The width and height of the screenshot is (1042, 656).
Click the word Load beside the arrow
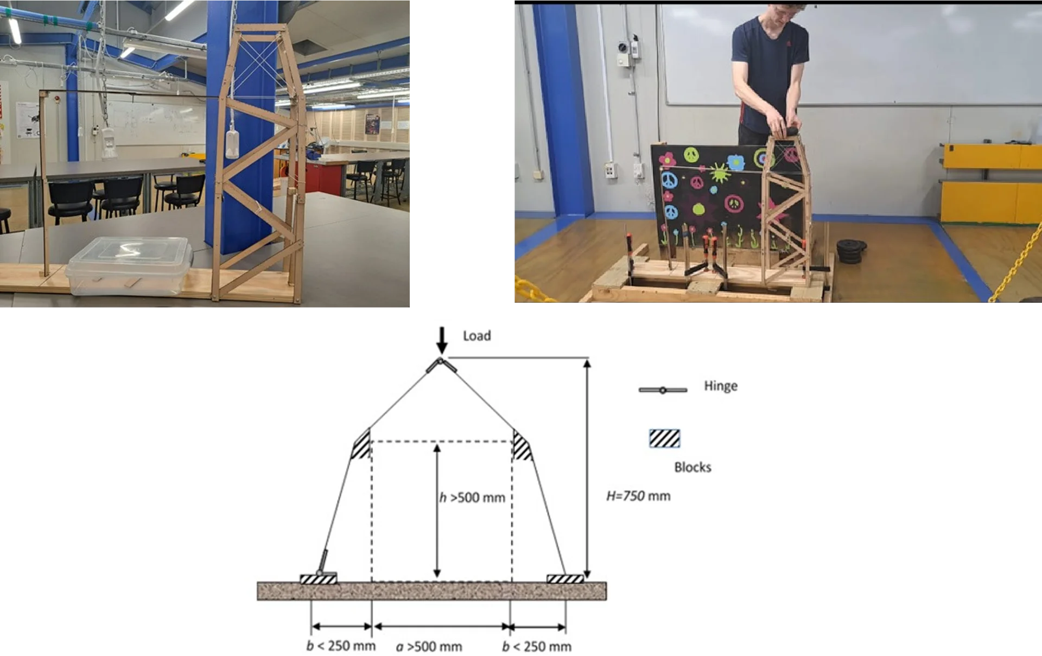click(x=476, y=336)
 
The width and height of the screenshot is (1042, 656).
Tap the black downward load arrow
click(x=442, y=340)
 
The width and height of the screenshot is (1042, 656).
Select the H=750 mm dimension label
click(x=638, y=496)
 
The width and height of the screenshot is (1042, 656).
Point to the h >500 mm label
click(x=472, y=498)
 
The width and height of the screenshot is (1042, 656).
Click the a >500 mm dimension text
click(x=429, y=647)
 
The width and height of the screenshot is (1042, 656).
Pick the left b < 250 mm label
click(x=341, y=646)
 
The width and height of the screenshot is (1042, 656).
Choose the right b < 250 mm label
click(x=537, y=646)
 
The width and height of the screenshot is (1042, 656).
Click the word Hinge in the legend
click(x=721, y=386)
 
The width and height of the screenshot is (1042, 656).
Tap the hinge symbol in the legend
click(x=663, y=390)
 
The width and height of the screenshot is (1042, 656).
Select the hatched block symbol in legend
click(x=664, y=438)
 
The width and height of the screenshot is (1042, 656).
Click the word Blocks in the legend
click(x=692, y=467)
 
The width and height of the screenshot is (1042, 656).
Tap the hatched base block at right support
click(x=565, y=578)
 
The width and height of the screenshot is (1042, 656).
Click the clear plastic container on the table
click(x=129, y=266)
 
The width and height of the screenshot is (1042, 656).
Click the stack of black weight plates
click(x=850, y=251)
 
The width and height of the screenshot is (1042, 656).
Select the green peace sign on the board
click(x=691, y=155)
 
